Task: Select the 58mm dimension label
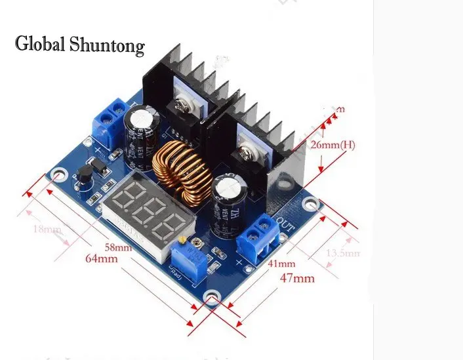pos(117,247)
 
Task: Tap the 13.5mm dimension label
pos(343,252)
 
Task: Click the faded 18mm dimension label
pos(45,230)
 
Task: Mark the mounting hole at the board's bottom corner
pos(211,300)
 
